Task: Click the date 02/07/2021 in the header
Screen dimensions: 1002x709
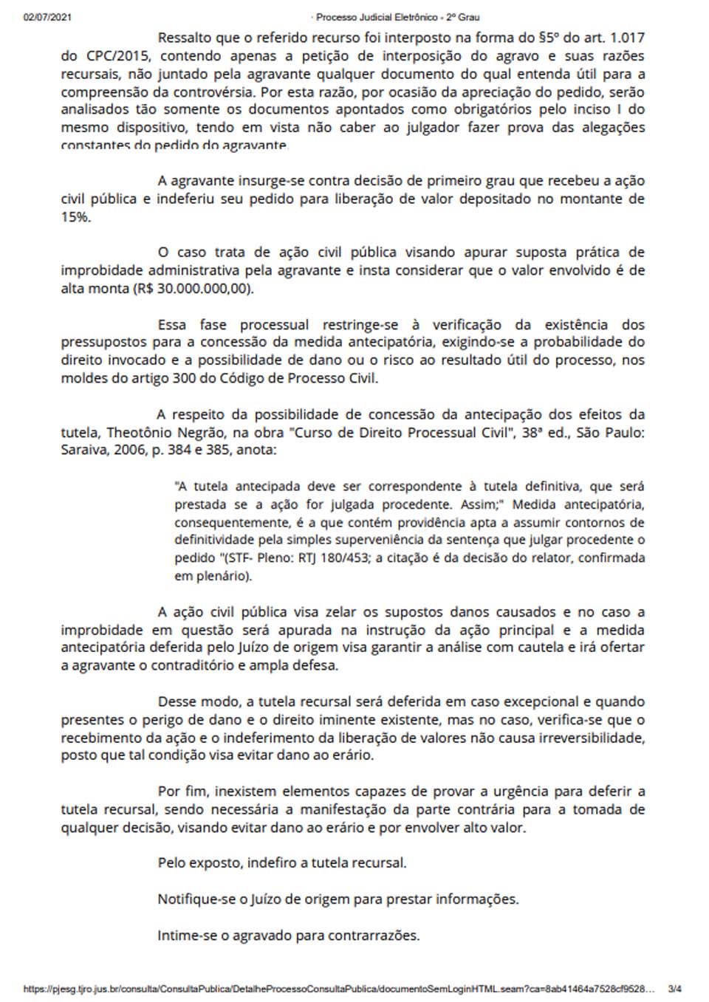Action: [x=47, y=17]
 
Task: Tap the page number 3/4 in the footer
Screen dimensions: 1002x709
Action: [x=674, y=989]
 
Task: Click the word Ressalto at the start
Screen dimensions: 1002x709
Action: [x=185, y=38]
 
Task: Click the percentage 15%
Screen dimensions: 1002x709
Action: [x=75, y=217]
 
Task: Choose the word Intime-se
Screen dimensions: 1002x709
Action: [x=185, y=936]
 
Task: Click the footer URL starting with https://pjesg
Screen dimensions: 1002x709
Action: [x=339, y=989]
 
